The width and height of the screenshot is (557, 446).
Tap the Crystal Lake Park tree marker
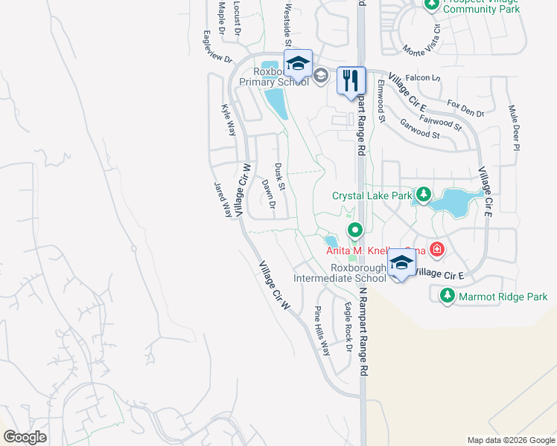[423, 195]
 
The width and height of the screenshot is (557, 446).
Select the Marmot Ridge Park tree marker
[448, 296]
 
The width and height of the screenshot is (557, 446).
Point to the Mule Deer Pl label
[514, 126]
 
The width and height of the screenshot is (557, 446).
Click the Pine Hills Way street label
[322, 331]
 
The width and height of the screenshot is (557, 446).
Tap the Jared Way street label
[223, 198]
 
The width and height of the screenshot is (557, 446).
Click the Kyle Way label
[229, 119]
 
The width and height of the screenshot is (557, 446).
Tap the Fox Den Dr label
[465, 108]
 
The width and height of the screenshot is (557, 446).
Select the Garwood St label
[419, 129]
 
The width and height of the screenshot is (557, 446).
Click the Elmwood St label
[381, 103]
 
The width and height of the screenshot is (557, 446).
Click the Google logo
[25, 437]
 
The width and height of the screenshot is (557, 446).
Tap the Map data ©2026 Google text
[510, 440]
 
